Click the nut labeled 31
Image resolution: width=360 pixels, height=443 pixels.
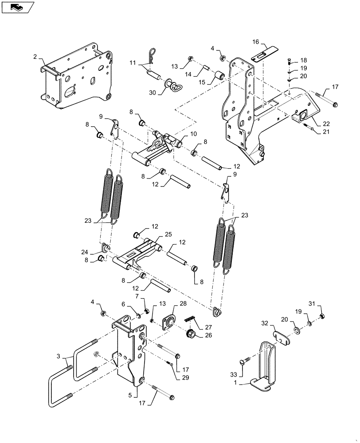(x=323, y=316)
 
